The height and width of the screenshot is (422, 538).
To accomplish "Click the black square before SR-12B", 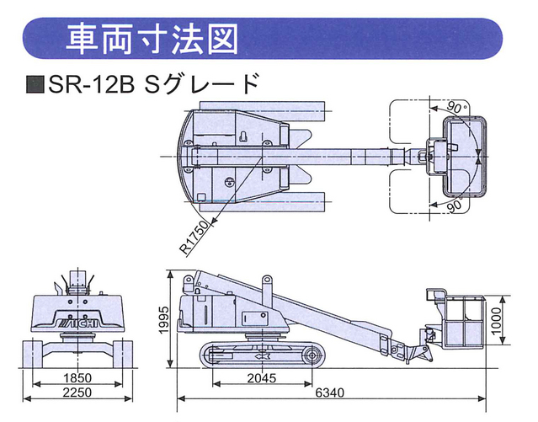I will click(x=34, y=85).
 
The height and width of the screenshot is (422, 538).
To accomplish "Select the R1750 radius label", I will click(x=195, y=238).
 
